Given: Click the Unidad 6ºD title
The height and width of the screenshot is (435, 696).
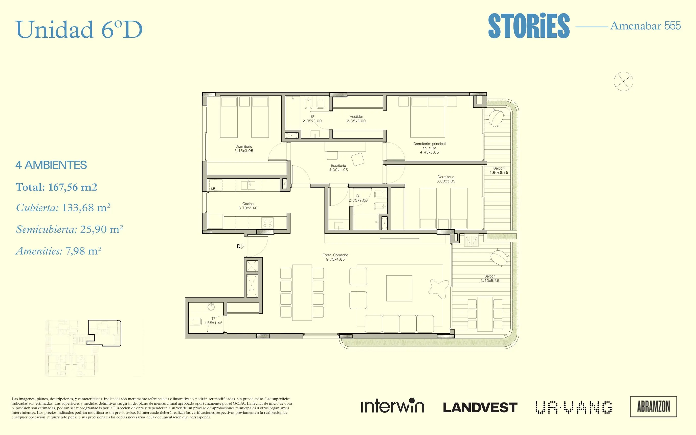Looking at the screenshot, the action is (79, 30).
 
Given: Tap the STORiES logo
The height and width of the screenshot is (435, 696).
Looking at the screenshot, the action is (529, 26).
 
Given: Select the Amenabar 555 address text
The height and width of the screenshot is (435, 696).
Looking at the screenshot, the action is (645, 26).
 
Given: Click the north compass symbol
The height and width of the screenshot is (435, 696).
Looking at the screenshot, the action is (623, 81).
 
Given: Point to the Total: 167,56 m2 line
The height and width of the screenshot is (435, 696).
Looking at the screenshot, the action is (56, 187).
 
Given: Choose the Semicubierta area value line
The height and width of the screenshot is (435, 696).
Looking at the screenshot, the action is (69, 229).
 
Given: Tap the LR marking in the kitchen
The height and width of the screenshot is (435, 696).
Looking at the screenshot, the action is (213, 189).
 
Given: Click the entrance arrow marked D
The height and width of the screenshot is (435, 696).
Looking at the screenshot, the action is (242, 246).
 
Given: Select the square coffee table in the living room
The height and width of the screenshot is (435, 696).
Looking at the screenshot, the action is (399, 288).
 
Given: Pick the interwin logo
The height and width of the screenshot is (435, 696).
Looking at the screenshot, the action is (392, 405).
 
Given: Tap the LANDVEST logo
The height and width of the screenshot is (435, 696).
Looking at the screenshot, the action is (480, 407).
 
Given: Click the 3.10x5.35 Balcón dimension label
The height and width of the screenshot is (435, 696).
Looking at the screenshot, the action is (490, 281).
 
